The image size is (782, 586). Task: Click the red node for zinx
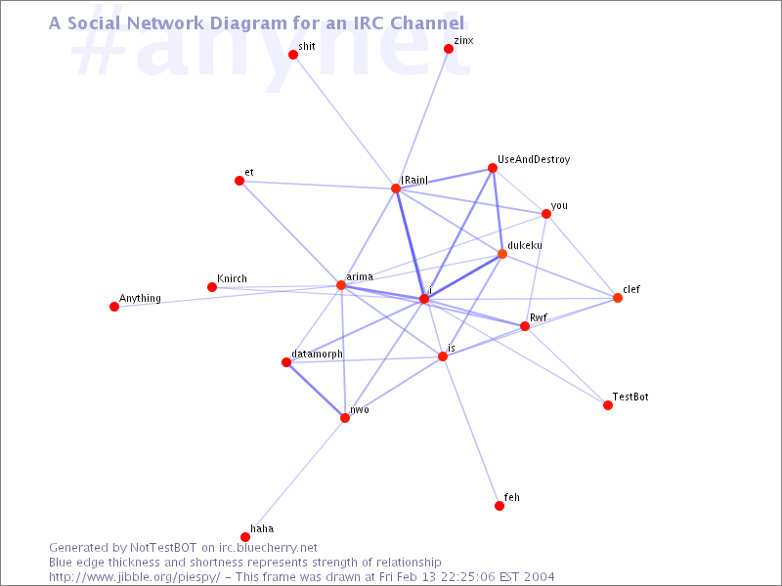449,49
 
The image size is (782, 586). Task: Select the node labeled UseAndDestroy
493,168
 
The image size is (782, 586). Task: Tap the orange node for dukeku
502,254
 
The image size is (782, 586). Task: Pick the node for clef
618,298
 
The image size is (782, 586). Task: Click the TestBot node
607,405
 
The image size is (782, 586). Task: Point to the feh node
500,506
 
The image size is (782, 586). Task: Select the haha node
245,537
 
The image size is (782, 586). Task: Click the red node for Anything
114,307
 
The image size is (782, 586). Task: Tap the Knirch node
212,287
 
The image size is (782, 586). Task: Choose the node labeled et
239,181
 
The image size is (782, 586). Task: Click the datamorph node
286,362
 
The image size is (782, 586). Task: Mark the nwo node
345,418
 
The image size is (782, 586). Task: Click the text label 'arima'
360,276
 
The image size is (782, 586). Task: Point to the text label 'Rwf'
539,317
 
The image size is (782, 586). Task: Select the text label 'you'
559,206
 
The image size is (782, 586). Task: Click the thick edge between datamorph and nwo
316,390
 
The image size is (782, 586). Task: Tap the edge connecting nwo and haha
295,478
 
